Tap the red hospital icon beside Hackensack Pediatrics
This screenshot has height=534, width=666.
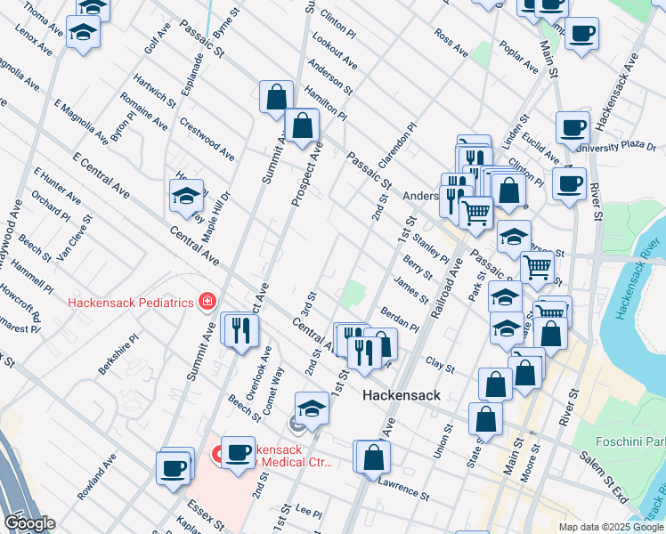click(207, 302)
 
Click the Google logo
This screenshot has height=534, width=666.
click(29, 523)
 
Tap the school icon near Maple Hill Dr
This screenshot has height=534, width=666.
click(186, 196)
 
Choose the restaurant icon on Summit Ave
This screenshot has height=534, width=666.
click(240, 330)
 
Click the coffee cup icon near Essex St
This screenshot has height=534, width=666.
click(175, 466)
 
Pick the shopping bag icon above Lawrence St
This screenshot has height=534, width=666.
click(376, 457)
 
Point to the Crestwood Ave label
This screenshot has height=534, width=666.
click(207, 140)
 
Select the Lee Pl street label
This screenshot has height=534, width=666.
click(307, 512)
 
